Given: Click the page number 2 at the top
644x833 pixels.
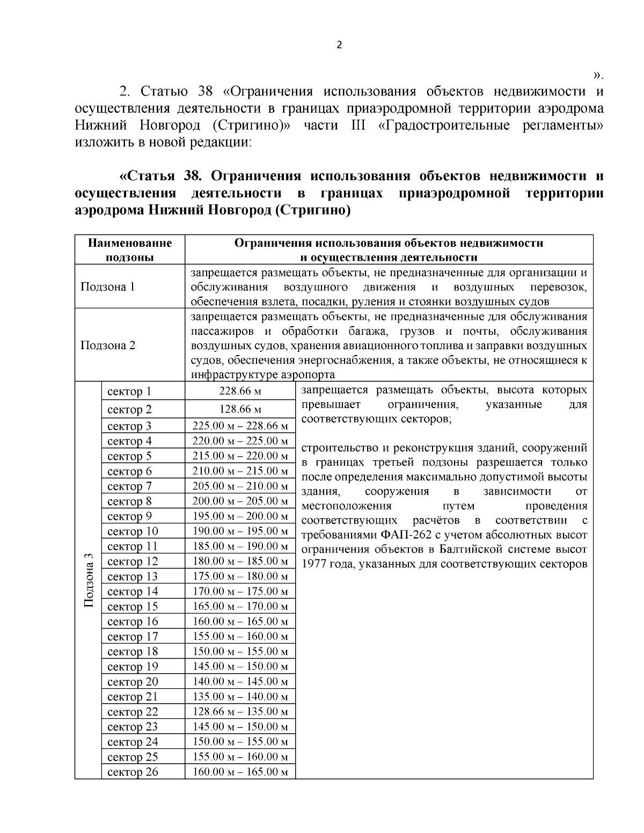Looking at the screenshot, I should (339, 45).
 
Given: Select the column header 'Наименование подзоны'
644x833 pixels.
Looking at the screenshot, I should (130, 250).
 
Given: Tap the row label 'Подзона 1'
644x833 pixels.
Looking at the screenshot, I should (107, 286).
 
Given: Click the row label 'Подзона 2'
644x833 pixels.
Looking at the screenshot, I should (107, 345).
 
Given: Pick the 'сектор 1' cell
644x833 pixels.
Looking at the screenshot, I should (129, 392).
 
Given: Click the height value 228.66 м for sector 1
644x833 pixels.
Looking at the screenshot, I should (240, 392).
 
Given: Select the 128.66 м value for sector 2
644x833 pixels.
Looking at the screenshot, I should (240, 409).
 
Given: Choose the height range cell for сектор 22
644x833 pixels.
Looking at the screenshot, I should (240, 712).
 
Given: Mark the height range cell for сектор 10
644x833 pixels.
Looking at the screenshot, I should (240, 532).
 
